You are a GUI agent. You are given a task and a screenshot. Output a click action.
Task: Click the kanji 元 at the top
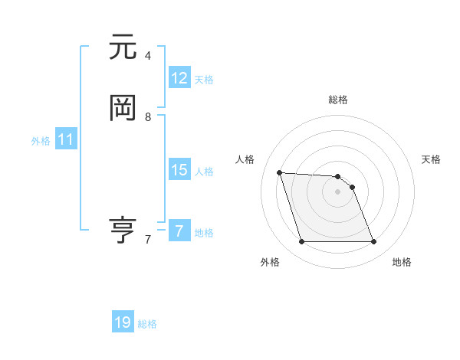[123, 47]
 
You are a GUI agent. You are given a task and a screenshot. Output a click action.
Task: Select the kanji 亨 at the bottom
[123, 230]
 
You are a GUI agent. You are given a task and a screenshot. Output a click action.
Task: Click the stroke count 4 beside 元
[148, 56]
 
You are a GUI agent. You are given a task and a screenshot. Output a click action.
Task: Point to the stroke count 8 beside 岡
[148, 116]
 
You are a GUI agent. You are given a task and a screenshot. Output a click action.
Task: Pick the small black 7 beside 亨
[148, 239]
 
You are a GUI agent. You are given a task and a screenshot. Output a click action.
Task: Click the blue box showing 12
[179, 78]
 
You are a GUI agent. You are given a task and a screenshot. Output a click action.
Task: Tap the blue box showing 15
[179, 170]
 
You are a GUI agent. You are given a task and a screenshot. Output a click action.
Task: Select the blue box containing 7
[179, 231]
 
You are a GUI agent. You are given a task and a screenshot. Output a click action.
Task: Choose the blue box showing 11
[66, 139]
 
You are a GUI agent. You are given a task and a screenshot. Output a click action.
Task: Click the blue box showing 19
[123, 322]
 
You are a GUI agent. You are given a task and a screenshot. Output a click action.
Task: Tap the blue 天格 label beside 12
[204, 80]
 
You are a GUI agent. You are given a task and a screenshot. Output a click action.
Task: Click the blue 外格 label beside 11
[41, 141]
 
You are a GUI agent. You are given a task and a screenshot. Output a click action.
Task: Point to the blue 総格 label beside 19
[147, 324]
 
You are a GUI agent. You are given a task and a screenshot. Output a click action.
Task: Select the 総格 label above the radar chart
[338, 100]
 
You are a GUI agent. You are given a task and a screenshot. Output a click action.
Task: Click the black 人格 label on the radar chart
[245, 159]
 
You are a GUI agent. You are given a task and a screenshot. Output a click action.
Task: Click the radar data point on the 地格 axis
[373, 242]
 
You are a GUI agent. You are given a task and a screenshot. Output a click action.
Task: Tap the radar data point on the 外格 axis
[301, 242]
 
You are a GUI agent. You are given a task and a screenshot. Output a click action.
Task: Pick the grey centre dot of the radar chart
[337, 192]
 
